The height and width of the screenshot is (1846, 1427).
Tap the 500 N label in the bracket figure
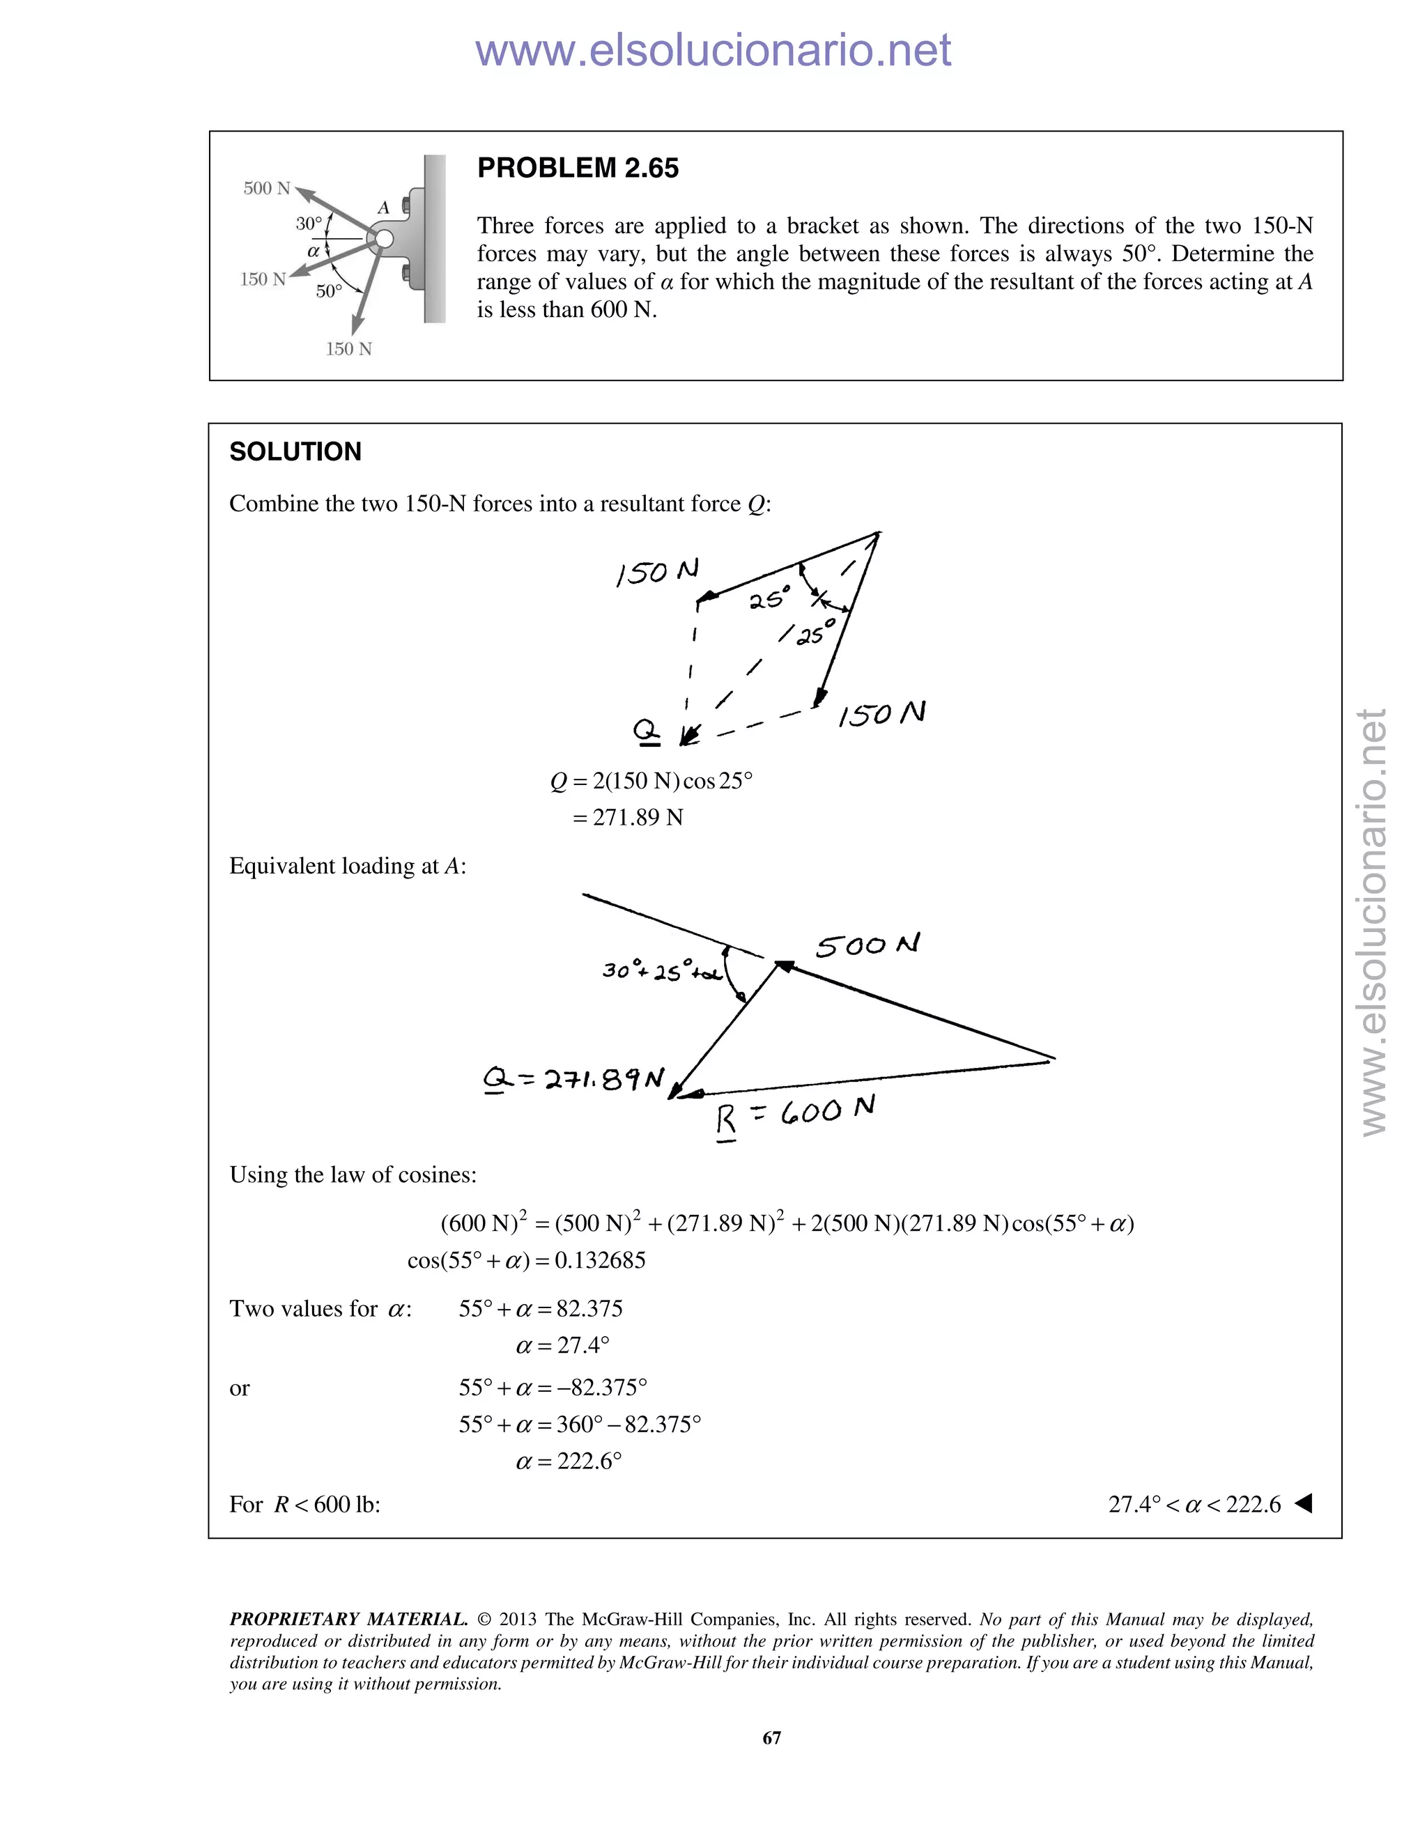(x=266, y=189)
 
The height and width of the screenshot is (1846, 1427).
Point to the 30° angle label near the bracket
(x=309, y=224)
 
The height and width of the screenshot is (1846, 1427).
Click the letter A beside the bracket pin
(x=383, y=207)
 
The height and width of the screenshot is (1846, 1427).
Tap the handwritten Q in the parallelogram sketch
(x=647, y=731)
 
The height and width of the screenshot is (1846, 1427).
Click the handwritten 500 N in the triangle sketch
(x=867, y=945)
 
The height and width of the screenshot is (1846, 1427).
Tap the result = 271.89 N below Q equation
(x=627, y=817)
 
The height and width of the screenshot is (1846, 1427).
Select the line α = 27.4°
(x=562, y=1344)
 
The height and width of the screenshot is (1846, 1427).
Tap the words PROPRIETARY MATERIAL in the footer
(x=348, y=1620)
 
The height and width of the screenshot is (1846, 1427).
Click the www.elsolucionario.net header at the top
(x=713, y=51)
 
